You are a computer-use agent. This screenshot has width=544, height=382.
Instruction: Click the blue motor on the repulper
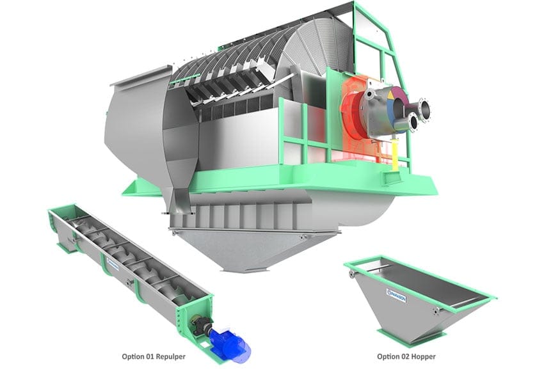point(232,344)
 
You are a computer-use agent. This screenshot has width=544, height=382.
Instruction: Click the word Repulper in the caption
point(168,356)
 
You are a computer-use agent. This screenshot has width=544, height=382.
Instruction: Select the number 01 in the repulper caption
point(145,356)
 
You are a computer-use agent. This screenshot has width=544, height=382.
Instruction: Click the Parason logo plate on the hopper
point(397,293)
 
